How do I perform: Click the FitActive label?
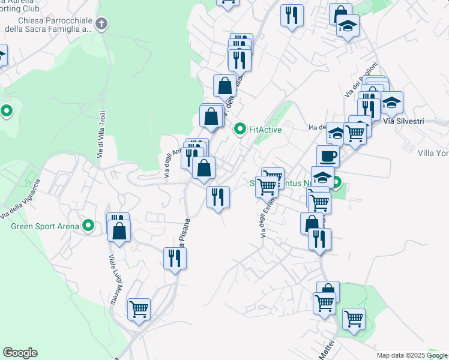pyautogui.click(x=265, y=129)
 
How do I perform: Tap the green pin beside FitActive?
pyautogui.click(x=240, y=129)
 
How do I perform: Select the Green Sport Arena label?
pyautogui.click(x=45, y=226)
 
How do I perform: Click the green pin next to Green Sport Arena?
pyautogui.click(x=89, y=226)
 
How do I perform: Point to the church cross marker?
pyautogui.click(x=102, y=24)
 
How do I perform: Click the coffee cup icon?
pyautogui.click(x=328, y=155)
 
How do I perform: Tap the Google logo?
pyautogui.click(x=20, y=353)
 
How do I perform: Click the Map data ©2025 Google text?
pyautogui.click(x=411, y=355)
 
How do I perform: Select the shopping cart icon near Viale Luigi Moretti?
pyautogui.click(x=139, y=310)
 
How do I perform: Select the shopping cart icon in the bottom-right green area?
pyautogui.click(x=354, y=318)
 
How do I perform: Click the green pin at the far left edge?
pyautogui.click(x=7, y=111)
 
